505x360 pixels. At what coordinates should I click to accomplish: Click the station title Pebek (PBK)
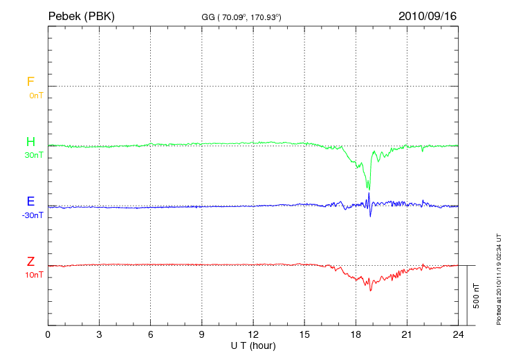coord(81,15)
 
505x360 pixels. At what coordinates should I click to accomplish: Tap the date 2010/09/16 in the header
coord(427,15)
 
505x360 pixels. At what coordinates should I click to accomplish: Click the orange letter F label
coord(30,82)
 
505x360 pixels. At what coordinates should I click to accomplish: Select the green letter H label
coord(30,142)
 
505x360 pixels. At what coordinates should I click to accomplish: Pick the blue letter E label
coord(30,201)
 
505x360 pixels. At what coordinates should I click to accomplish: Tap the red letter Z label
coord(30,261)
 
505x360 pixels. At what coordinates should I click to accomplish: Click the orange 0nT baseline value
coord(36,96)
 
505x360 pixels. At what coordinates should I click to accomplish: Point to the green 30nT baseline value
coord(34,155)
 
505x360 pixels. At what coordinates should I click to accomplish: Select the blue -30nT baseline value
coord(33,215)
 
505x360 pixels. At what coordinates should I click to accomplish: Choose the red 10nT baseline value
coord(35,275)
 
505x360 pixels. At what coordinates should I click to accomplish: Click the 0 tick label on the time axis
coord(48,334)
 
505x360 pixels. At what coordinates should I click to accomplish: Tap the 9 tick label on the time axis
coord(202,334)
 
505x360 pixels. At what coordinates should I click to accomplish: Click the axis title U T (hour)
coord(253,345)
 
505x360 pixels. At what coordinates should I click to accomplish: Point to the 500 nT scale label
coord(476,296)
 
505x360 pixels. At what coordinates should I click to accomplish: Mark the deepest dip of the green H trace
coord(369,189)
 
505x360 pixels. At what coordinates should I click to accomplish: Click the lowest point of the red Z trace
coord(370,289)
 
